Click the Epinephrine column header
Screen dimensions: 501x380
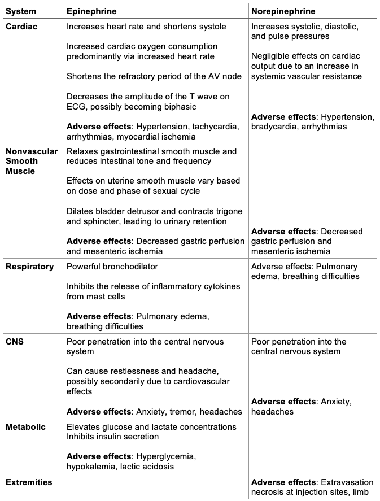91,11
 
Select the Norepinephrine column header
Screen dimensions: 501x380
283,11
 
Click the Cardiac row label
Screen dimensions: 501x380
21,27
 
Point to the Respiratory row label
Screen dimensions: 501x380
29,267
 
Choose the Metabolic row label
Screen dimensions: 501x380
25,427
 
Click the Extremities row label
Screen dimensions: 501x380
29,482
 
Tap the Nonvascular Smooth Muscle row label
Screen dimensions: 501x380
32,161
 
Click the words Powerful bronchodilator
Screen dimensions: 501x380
112,267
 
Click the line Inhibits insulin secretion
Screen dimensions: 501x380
112,437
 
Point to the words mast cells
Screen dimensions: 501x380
107,297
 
